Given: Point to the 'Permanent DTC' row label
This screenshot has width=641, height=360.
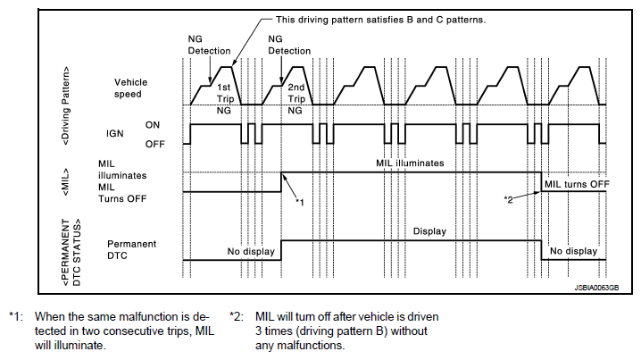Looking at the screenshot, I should point(132,249).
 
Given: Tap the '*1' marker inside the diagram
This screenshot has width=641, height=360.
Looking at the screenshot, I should point(300,202).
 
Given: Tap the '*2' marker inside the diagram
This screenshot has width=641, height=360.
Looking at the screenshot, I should point(509,198).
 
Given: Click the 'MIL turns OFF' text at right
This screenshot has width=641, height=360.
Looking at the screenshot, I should point(577,183).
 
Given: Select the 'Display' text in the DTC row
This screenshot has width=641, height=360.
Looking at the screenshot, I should point(429,231).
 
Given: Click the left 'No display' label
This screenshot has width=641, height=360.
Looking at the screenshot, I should point(251,251).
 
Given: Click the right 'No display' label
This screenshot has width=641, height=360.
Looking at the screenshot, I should point(573,251).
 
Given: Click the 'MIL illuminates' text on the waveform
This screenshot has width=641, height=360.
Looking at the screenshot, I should point(410,163).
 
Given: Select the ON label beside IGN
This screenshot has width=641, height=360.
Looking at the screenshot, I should point(153,125).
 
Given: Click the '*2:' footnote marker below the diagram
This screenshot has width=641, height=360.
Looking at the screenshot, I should point(237,315).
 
